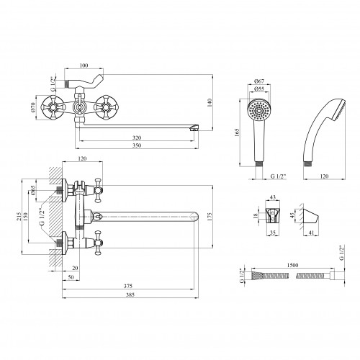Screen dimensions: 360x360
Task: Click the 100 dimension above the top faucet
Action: coord(84,66)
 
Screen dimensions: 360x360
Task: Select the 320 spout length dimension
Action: coord(137,138)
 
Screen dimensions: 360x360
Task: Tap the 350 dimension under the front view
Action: coord(137,145)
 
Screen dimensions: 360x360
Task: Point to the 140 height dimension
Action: coord(210,103)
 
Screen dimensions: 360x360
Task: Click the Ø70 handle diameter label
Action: coord(33,107)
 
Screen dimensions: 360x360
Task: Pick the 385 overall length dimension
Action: coord(130,294)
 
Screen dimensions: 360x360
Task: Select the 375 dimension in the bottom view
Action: coord(128,286)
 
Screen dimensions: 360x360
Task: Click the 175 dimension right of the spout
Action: coord(210,217)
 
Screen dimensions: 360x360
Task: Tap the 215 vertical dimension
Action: coord(19,217)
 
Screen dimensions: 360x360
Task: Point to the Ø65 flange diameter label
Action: coord(33,191)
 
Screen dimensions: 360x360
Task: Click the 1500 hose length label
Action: coord(292,265)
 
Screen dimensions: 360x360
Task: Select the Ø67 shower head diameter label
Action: coord(258,81)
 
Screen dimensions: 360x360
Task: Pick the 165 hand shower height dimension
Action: coord(237,133)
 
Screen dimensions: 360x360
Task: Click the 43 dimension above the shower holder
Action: coord(273,197)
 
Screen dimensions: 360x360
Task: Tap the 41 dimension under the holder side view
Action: coord(311,233)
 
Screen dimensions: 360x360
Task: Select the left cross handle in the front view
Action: coord(52,107)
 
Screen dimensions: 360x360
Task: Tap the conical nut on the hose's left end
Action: coord(256,275)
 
